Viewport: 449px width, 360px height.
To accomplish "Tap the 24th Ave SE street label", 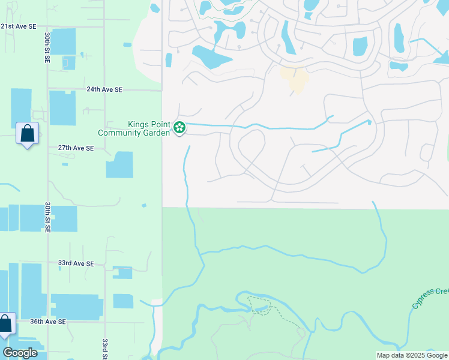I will [104, 89].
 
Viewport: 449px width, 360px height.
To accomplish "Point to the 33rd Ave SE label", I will [76, 263].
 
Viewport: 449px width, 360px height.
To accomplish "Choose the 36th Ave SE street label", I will [48, 322].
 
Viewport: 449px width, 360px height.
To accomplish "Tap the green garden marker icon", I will [179, 127].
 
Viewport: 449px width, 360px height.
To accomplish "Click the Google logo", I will [20, 353].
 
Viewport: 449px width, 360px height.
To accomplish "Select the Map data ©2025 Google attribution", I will [412, 355].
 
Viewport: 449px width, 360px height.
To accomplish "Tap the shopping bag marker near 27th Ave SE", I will [28, 134].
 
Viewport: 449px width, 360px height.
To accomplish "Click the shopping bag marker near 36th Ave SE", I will [5, 324].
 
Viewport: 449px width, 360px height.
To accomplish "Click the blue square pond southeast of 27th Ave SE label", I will [119, 164].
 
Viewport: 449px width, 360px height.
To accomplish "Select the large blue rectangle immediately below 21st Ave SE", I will [63, 41].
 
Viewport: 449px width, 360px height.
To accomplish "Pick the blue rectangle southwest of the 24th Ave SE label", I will [62, 108].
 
